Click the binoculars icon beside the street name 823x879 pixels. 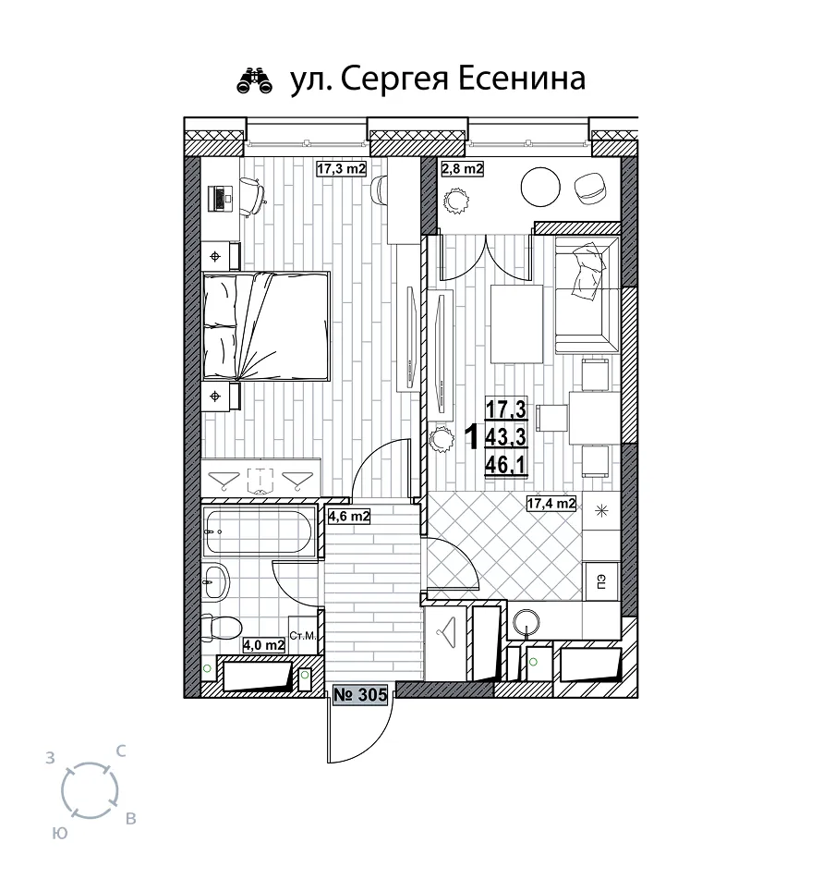pos(255,80)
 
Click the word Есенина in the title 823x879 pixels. pos(522,78)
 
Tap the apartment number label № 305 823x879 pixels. pos(360,694)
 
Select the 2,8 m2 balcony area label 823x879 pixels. pos(462,168)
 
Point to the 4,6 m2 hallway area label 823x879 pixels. pos(349,516)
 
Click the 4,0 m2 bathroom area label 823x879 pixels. pos(264,645)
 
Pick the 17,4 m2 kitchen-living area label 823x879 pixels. pos(551,504)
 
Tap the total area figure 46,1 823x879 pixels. pos(506,465)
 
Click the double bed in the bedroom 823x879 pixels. pos(265,326)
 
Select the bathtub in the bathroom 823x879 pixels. pos(259,531)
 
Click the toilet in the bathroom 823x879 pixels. pos(221,628)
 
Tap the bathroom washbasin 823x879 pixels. pos(215,581)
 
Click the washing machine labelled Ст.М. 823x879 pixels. pos(303,635)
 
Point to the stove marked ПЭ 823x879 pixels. pos(601,582)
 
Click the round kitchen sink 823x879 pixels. pos(526,623)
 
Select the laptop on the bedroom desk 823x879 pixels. pos(220,199)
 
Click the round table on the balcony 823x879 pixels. pos(540,188)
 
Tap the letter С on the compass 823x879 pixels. pos(120,751)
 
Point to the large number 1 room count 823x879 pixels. pos(473,437)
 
